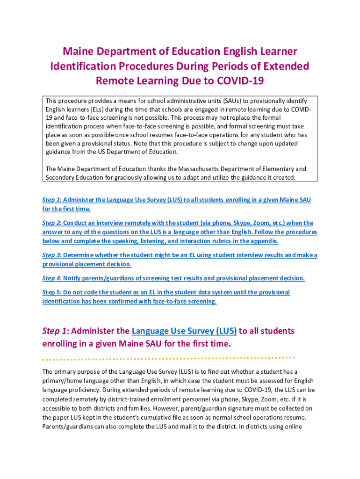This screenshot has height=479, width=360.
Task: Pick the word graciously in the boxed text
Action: (x=118, y=177)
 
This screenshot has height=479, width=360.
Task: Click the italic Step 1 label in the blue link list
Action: (x=52, y=200)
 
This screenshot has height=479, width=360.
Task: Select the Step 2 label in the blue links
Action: (x=52, y=223)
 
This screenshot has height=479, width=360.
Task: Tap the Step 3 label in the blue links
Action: (x=52, y=255)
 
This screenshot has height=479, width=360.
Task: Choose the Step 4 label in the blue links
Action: (x=52, y=278)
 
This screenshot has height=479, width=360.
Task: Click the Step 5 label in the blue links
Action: (x=52, y=292)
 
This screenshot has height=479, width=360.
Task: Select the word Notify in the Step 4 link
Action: (x=72, y=278)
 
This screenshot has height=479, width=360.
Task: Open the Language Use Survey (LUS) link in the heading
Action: (x=184, y=331)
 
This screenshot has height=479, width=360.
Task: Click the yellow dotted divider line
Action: (x=168, y=359)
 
